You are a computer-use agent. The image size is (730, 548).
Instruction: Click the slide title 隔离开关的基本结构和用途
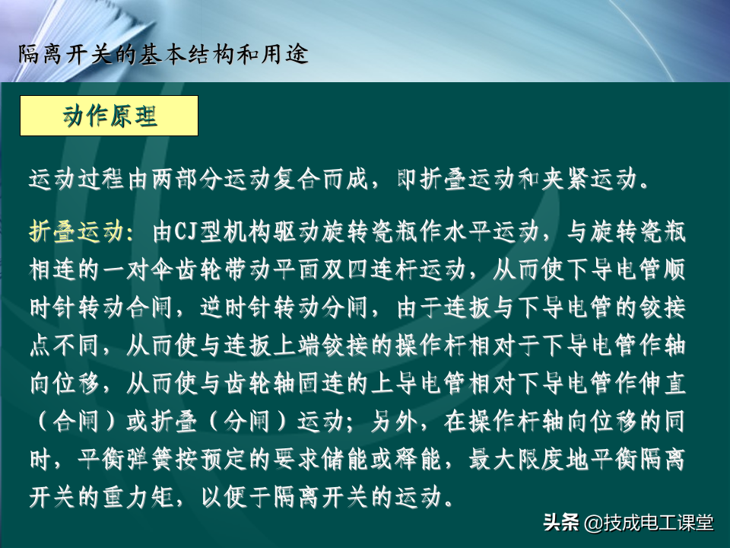(x=163, y=54)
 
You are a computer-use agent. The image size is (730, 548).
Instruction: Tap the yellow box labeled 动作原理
(x=109, y=116)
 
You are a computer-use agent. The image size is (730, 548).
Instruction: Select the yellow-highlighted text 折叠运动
(x=78, y=231)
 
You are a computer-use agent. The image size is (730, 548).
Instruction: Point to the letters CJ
(x=187, y=231)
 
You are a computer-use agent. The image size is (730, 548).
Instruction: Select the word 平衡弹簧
(x=126, y=460)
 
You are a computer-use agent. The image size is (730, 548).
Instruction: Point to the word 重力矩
(x=138, y=497)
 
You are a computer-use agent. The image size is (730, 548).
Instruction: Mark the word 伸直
(x=662, y=384)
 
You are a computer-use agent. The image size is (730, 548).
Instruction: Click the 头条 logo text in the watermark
(x=561, y=522)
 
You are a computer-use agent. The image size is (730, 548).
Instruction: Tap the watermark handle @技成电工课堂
(x=649, y=523)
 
